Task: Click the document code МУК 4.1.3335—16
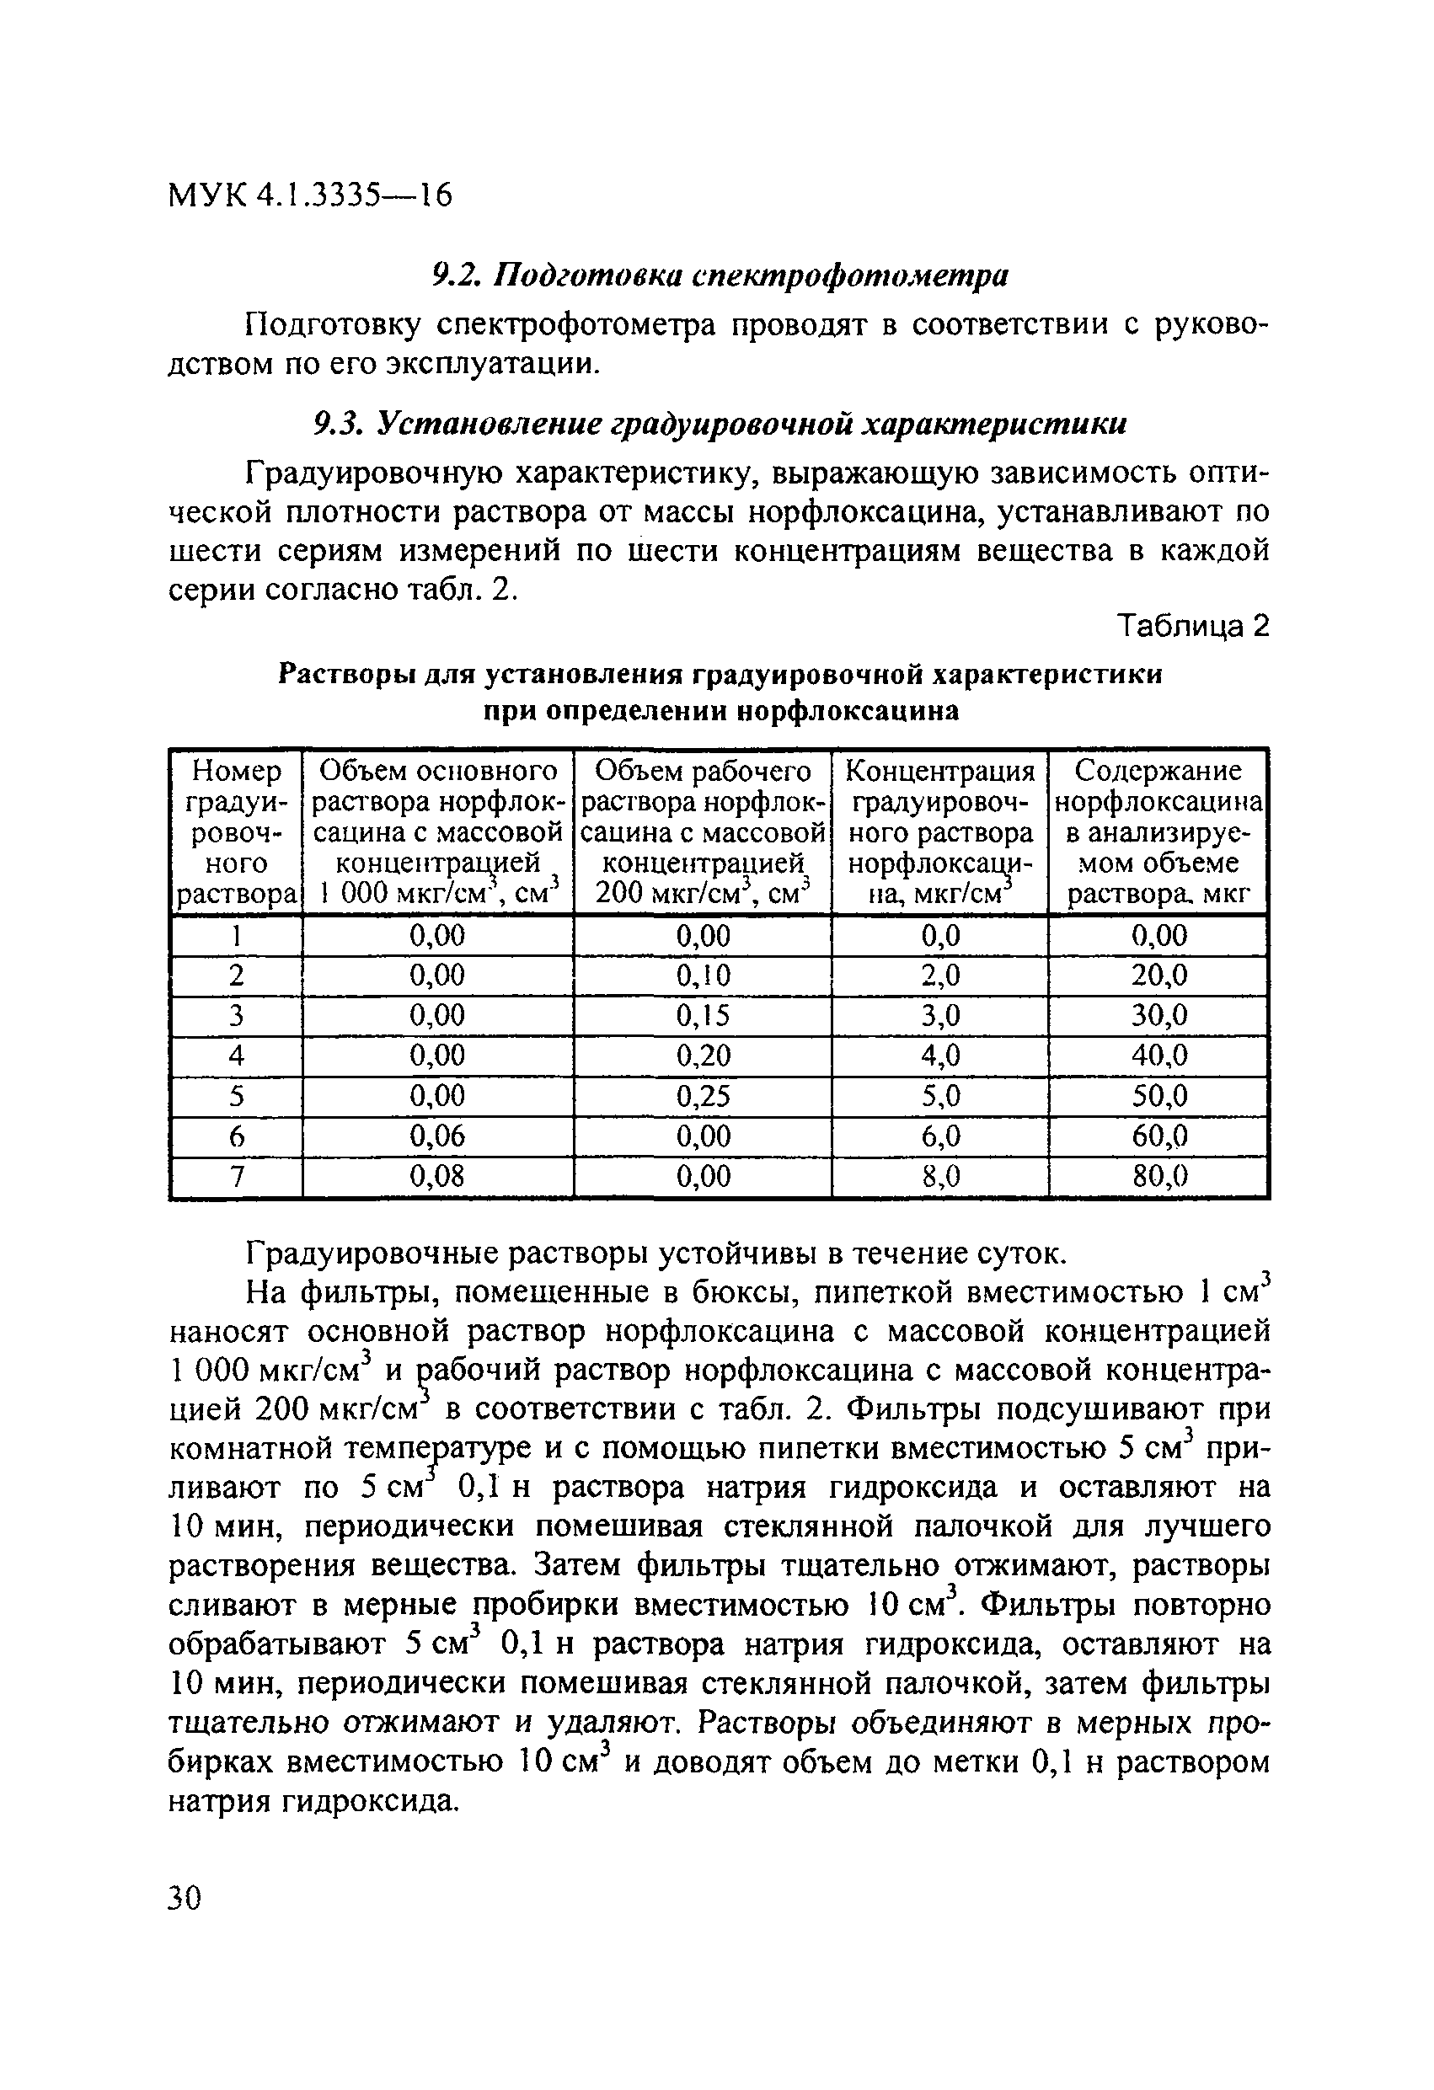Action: pyautogui.click(x=309, y=195)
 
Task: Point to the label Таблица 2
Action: pyautogui.click(x=1192, y=626)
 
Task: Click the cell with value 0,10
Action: pyautogui.click(x=703, y=975)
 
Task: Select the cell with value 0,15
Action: pyautogui.click(x=703, y=1015)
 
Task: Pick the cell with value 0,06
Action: pyautogui.click(x=437, y=1136)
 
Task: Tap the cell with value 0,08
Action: pyautogui.click(x=437, y=1175)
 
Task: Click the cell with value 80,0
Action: pyautogui.click(x=1159, y=1175)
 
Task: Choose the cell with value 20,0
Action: pyautogui.click(x=1159, y=975)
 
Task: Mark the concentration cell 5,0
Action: pyautogui.click(x=940, y=1095)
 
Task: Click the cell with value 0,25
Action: pyautogui.click(x=703, y=1095)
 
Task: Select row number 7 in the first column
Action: pyautogui.click(x=236, y=1175)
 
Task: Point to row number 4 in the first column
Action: pyautogui.click(x=236, y=1055)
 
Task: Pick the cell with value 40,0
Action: pyautogui.click(x=1159, y=1055)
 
